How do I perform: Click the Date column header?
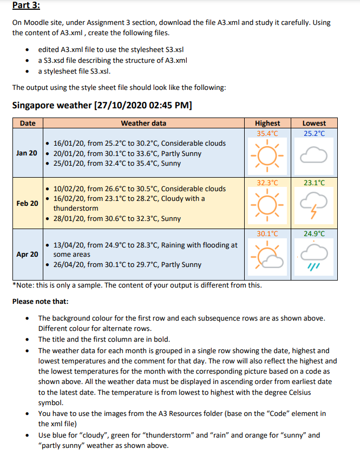pos(28,123)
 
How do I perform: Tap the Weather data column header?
pos(143,123)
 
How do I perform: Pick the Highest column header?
pos(267,123)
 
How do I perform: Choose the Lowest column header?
pos(314,123)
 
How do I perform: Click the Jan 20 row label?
pos(27,153)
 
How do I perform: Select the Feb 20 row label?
pos(27,203)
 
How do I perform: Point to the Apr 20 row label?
pos(27,254)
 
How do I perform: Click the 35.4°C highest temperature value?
pos(267,133)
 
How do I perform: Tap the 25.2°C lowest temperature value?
pos(314,133)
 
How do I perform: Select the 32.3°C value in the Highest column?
pos(267,183)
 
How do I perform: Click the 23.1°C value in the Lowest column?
pos(314,183)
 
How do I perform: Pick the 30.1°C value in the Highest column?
pos(267,234)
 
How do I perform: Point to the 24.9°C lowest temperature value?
pos(314,234)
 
